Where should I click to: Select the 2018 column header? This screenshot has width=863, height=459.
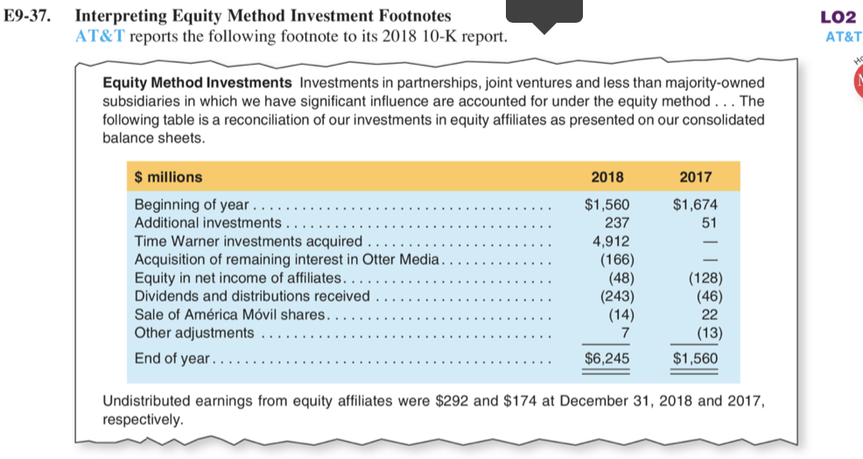607,177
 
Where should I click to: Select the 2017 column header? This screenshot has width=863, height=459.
696,177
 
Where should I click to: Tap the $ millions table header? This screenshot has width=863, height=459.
168,177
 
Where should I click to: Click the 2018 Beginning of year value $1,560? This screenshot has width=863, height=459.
607,206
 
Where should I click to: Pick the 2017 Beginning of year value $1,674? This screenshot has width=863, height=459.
695,206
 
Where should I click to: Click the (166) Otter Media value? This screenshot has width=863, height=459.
616,259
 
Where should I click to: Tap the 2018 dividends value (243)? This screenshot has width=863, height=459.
616,296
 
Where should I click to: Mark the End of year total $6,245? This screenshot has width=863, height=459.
607,358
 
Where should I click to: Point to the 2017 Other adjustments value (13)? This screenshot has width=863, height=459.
705,333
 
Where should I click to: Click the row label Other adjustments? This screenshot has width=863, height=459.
194,333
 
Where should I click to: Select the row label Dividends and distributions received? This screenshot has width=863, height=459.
252,296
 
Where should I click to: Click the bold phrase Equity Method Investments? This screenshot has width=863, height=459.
198,82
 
